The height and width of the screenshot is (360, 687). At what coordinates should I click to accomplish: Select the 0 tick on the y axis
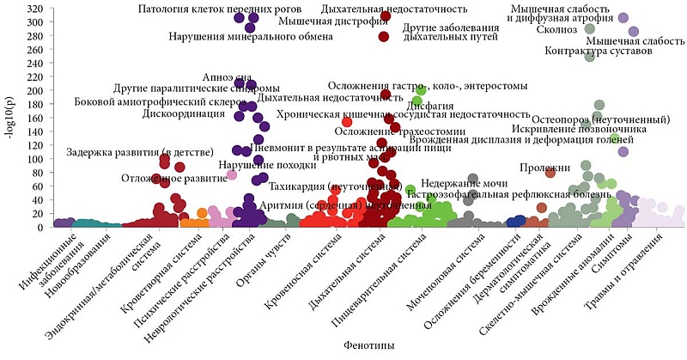(x=40, y=228)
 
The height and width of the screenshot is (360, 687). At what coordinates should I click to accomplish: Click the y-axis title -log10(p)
(x=10, y=121)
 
